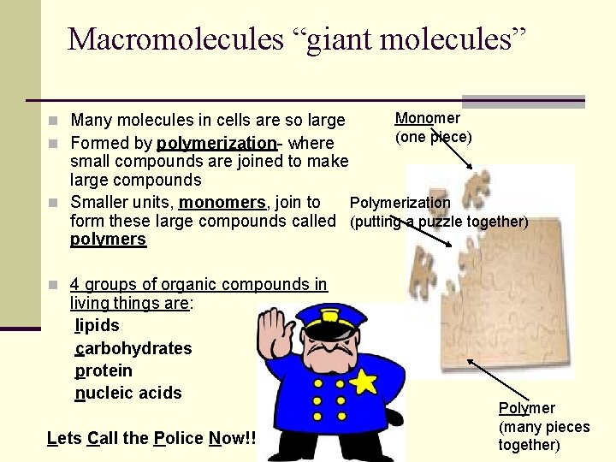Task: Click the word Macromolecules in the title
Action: pyautogui.click(x=175, y=39)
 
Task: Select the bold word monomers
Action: pyautogui.click(x=222, y=203)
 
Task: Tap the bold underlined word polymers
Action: pyautogui.click(x=108, y=240)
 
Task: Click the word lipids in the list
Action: pyautogui.click(x=97, y=326)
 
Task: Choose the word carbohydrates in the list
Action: pyautogui.click(x=133, y=348)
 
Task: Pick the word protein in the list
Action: pyautogui.click(x=104, y=370)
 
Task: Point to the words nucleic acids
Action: pyautogui.click(x=128, y=393)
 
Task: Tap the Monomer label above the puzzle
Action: pyautogui.click(x=427, y=118)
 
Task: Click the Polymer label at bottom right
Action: pyautogui.click(x=526, y=408)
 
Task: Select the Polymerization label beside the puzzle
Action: pyautogui.click(x=400, y=203)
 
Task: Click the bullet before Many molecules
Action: pyautogui.click(x=54, y=121)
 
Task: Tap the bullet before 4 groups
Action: pyautogui.click(x=54, y=285)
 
